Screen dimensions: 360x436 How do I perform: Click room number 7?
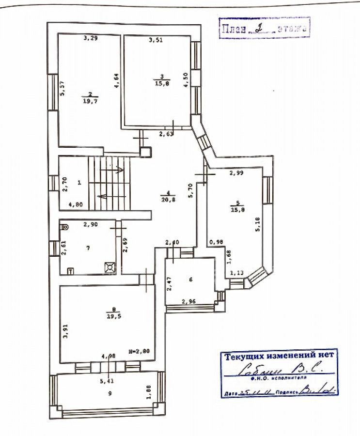click(x=88, y=248)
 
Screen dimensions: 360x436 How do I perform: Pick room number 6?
click(x=190, y=280)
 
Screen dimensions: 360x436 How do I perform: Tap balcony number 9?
click(x=110, y=393)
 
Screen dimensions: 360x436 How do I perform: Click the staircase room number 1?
click(x=79, y=183)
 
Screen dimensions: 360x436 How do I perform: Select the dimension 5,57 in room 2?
click(x=62, y=88)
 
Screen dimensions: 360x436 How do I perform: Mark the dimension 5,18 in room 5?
click(x=257, y=222)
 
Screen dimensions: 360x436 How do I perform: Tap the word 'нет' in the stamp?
click(x=326, y=355)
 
